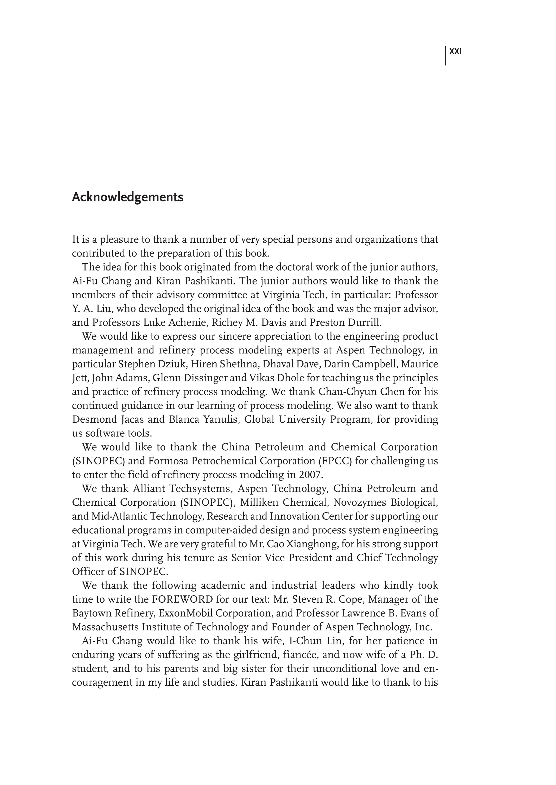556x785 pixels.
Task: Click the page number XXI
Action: coord(455,52)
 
